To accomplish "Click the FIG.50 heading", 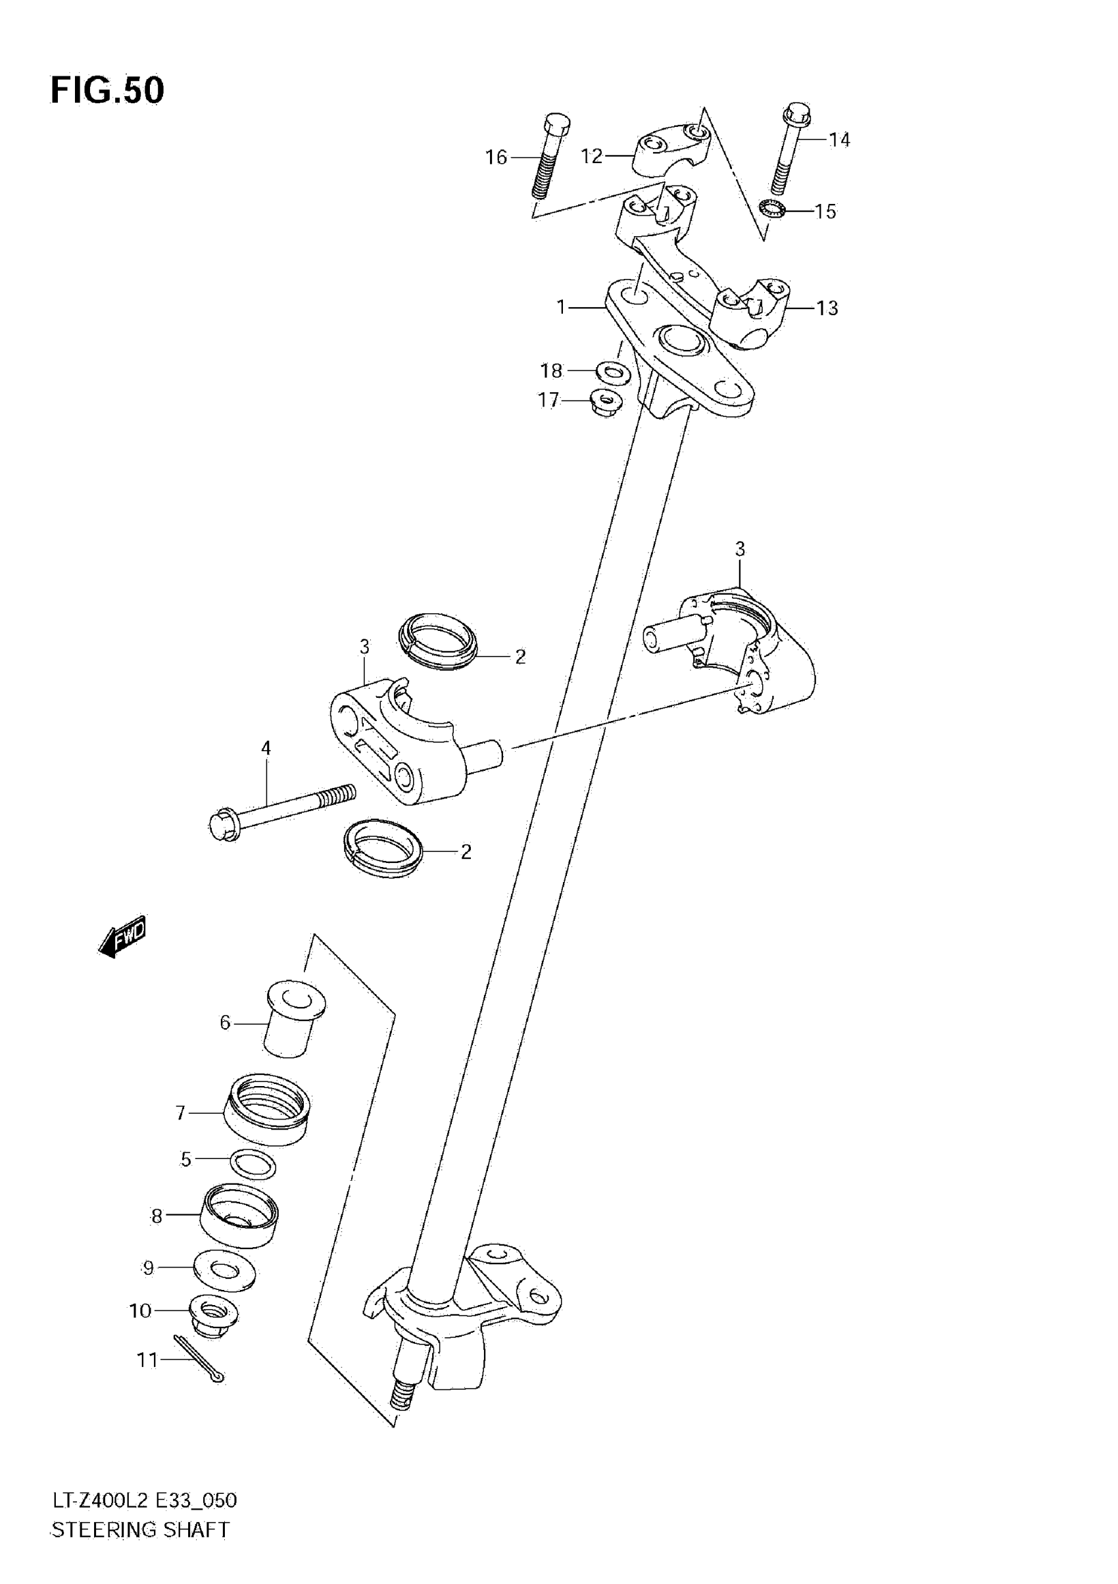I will coord(108,90).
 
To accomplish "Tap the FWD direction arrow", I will coord(123,936).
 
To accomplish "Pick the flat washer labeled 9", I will coord(225,1270).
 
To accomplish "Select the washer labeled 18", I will coord(612,372).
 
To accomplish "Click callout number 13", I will coord(827,308).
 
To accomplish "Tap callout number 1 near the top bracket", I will coord(562,307).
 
